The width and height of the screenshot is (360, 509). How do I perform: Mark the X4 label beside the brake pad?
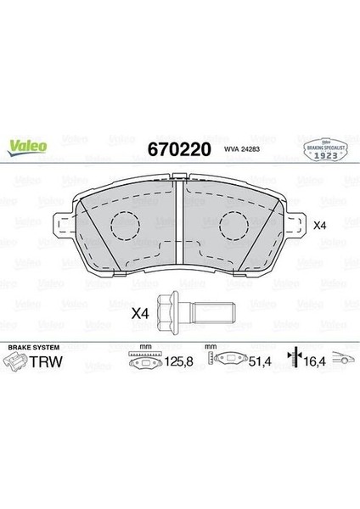tap(320, 226)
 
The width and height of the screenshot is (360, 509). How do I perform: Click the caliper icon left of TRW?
tap(17, 364)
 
